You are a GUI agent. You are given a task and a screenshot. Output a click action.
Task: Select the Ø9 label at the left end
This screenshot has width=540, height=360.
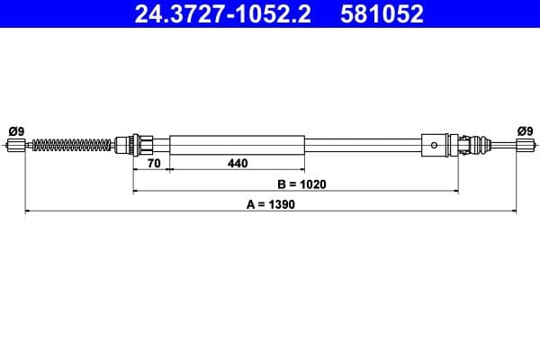(x=15, y=130)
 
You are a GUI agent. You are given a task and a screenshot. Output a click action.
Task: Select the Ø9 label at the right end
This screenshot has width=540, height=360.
(x=525, y=130)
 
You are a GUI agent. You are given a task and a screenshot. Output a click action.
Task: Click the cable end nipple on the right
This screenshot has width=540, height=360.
(x=525, y=144)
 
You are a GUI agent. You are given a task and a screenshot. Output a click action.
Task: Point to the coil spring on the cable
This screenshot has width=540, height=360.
(x=71, y=144)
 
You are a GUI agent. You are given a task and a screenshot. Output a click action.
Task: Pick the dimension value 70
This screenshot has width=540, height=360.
(x=152, y=164)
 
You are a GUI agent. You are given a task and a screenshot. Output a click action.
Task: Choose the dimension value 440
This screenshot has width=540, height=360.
(x=237, y=164)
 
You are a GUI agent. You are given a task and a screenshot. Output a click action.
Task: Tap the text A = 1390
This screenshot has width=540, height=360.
(x=271, y=204)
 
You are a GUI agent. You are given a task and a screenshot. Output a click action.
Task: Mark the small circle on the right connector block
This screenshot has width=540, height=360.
(x=435, y=144)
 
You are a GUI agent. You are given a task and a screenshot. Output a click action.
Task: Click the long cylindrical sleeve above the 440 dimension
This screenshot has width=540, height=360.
(x=237, y=144)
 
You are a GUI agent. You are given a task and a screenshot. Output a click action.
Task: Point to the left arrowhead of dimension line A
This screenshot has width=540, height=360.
(x=26, y=211)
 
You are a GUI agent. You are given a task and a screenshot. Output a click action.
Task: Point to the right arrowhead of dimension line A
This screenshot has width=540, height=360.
(x=515, y=211)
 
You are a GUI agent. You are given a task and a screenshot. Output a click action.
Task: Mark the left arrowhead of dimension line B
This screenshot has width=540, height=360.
(x=136, y=191)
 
